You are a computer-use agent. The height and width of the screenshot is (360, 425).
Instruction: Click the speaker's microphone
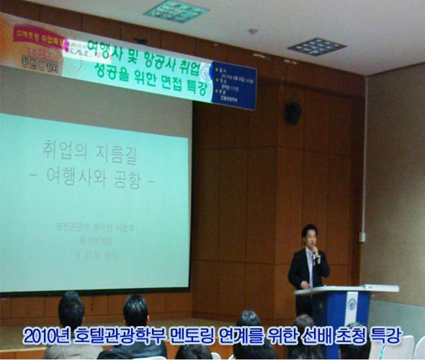point(315,252)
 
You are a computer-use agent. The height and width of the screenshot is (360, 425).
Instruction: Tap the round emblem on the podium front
point(352,304)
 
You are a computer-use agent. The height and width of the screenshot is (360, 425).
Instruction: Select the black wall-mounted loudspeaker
point(293,113)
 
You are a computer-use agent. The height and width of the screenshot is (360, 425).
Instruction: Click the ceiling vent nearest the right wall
point(316,47)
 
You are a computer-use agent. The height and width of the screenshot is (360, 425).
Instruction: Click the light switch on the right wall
point(363,237)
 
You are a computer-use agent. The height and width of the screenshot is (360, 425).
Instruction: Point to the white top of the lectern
point(346,289)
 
